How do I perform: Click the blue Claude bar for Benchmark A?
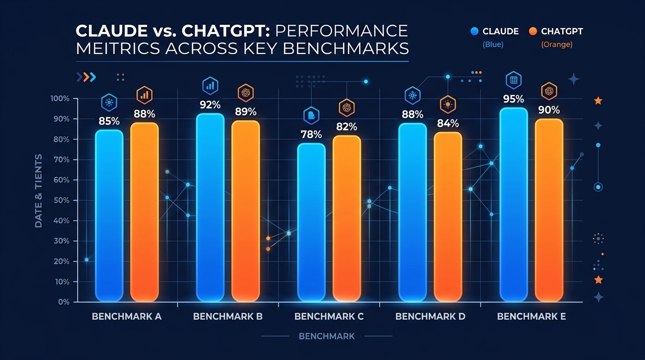(x=109, y=216)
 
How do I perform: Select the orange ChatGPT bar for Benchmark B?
(x=246, y=211)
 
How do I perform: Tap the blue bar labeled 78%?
(x=311, y=223)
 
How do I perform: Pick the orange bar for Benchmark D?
(x=448, y=217)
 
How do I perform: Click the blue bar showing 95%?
(x=513, y=204)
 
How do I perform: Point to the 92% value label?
(x=210, y=105)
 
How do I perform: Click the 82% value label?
(x=347, y=127)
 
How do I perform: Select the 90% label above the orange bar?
(x=549, y=110)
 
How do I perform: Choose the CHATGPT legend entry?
(x=556, y=31)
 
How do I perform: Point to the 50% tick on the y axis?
(x=60, y=200)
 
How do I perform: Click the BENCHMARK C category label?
(x=329, y=316)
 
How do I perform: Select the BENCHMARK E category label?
(x=531, y=316)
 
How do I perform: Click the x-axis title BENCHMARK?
(x=327, y=336)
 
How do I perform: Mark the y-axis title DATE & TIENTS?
(x=38, y=191)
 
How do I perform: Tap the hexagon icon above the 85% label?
(x=109, y=102)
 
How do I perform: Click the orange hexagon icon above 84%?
(x=448, y=105)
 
